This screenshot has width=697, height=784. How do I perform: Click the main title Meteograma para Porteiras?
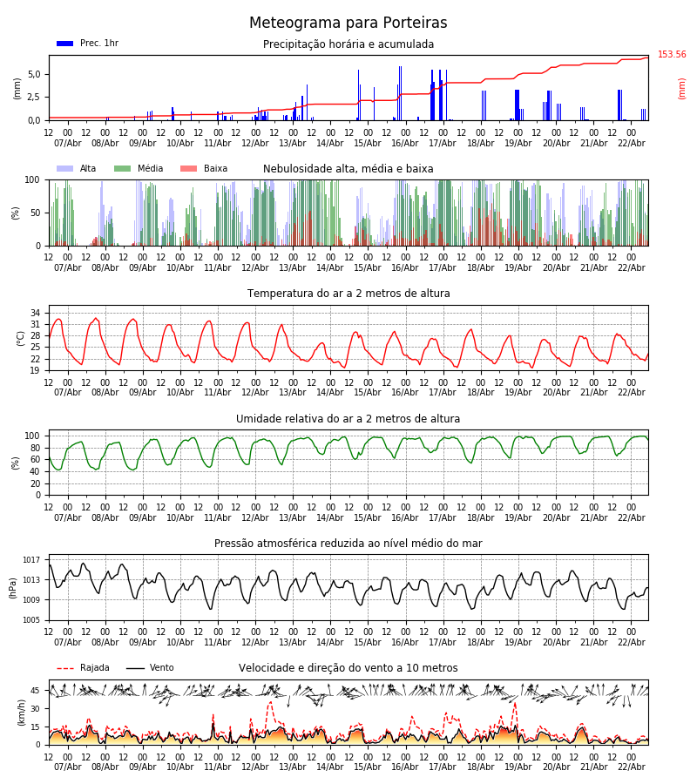[x=348, y=24]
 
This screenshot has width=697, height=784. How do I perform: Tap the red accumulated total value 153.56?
[x=672, y=55]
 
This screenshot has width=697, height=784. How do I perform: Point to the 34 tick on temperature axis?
[x=35, y=313]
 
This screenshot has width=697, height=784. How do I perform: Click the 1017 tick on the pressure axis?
[x=31, y=560]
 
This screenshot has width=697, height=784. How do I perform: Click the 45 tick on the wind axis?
[x=35, y=691]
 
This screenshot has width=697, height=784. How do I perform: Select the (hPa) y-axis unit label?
[x=13, y=587]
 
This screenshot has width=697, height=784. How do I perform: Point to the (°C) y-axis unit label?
[x=21, y=337]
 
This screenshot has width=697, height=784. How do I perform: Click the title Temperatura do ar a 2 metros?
[x=348, y=294]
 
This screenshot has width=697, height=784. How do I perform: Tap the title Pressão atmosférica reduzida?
[x=348, y=544]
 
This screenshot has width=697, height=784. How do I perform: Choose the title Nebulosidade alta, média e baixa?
[x=348, y=169]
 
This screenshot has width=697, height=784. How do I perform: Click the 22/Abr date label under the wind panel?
[x=631, y=767]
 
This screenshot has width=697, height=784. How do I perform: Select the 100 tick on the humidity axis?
[x=31, y=436]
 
